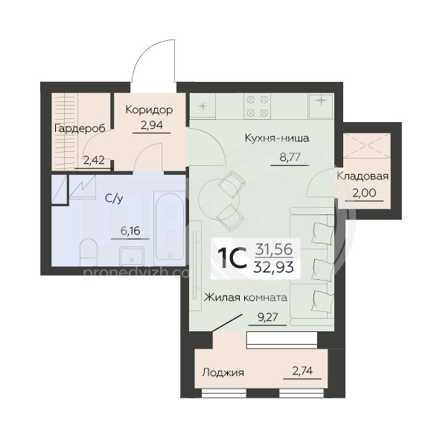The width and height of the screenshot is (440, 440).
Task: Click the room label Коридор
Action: click(149, 110)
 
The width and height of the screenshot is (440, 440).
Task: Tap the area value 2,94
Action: click(152, 125)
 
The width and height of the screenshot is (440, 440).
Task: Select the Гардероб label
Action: click(80, 129)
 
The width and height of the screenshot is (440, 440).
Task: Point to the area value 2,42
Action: click(94, 160)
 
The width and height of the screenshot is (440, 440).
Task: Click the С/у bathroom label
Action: click(114, 198)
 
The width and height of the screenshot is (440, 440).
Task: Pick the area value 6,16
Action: click(130, 231)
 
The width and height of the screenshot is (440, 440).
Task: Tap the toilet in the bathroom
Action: click(89, 252)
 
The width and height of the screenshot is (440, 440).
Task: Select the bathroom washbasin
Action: click(132, 255)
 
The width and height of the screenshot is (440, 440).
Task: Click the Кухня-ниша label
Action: click(277, 138)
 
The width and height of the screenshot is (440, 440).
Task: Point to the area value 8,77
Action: click(290, 157)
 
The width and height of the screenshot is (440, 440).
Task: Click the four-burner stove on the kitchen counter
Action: click(258, 106)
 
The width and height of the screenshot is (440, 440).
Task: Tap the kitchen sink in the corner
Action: click(321, 106)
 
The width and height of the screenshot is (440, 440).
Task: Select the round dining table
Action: click(219, 199)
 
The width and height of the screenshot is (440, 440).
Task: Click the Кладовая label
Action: click(363, 176)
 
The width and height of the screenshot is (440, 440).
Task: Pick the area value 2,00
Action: click(364, 193)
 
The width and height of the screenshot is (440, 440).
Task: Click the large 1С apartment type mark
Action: click(232, 258)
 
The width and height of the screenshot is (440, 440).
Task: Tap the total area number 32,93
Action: click(273, 267)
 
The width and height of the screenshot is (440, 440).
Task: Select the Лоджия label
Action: click(223, 373)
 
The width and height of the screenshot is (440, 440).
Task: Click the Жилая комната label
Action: click(246, 297)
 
